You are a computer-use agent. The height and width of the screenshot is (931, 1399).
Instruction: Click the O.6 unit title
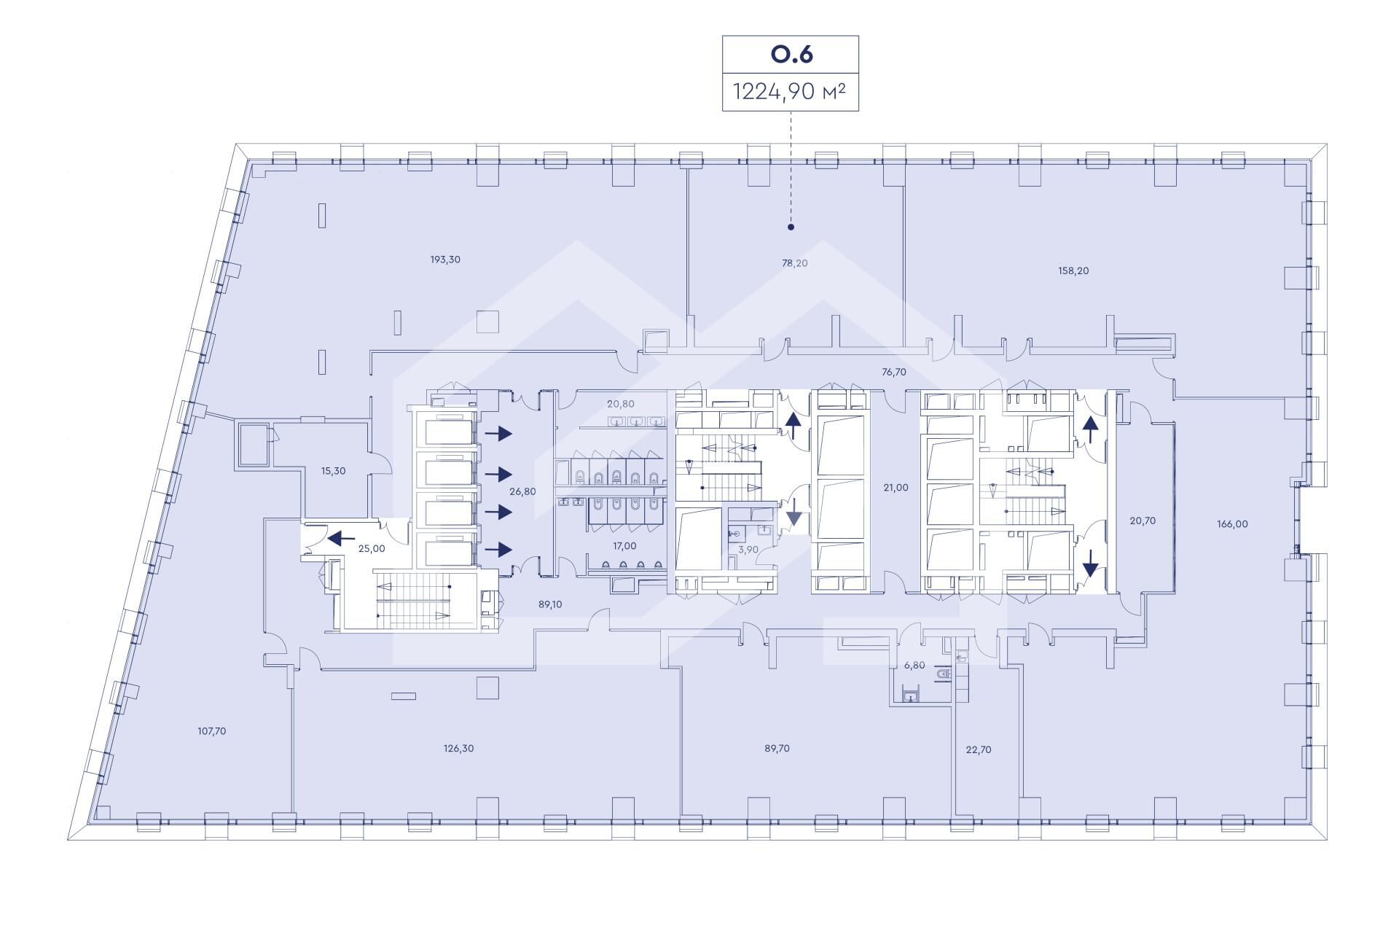tap(791, 55)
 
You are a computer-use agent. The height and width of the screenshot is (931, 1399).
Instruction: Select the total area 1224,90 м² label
tap(791, 92)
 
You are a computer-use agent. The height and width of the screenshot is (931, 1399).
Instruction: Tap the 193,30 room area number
tap(445, 260)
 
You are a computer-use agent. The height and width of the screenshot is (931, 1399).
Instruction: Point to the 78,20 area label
tap(795, 263)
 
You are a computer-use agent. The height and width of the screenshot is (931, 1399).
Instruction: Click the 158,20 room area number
tap(1073, 270)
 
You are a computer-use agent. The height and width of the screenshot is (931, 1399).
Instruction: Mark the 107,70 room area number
tap(212, 731)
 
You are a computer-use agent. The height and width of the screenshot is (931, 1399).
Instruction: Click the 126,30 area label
tap(459, 748)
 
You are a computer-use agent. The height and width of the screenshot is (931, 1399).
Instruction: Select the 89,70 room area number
tap(777, 748)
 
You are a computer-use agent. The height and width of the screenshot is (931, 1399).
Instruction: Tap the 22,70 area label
tap(979, 749)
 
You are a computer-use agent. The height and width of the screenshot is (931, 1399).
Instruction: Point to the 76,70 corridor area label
tap(894, 372)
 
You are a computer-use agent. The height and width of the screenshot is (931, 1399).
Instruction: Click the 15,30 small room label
tap(334, 471)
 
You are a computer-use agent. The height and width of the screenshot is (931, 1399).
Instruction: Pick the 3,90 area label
tap(748, 549)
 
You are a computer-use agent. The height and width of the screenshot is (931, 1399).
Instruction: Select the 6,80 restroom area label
tap(914, 665)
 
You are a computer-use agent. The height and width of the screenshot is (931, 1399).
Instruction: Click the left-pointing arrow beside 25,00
tap(341, 539)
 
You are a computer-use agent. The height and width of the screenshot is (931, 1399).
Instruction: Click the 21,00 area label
tap(896, 488)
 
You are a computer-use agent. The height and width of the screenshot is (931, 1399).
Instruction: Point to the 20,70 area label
tap(1143, 521)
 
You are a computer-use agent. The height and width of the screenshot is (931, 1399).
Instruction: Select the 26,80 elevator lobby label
tap(522, 491)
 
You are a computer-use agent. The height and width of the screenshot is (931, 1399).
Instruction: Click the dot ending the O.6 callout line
tap(791, 227)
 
